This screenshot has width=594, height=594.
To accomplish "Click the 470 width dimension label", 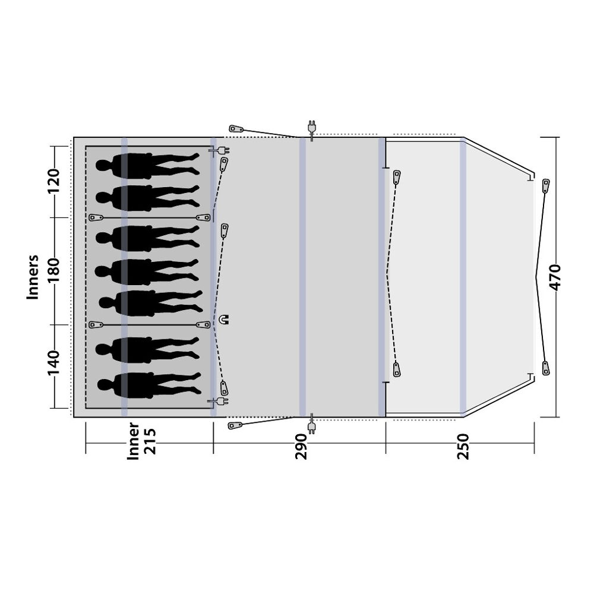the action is click(555, 277).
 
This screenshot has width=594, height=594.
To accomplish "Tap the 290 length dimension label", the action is click(301, 447).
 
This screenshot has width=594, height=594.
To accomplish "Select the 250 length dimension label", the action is click(463, 447).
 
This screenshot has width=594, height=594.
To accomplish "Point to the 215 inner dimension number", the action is click(150, 441).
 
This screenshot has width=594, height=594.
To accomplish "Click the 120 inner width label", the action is click(53, 181).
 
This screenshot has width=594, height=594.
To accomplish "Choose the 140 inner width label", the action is click(53, 362).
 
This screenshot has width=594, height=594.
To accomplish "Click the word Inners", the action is click(33, 277).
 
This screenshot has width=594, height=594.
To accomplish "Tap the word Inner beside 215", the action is click(133, 441).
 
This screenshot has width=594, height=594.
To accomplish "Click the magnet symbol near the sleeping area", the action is click(225, 320).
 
